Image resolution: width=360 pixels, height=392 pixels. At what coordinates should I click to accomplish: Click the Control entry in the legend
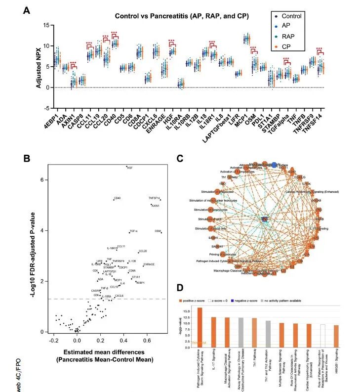[x=291, y=16]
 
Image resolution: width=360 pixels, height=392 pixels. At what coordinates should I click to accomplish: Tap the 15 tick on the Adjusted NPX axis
[x=46, y=25]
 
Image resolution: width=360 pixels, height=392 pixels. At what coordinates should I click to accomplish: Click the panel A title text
[x=182, y=16]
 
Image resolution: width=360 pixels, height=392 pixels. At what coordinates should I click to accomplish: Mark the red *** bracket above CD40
[x=114, y=35]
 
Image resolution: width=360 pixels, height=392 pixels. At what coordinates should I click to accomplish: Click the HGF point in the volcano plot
[x=126, y=167]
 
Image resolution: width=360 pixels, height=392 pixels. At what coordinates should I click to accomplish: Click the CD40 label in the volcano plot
[x=117, y=199]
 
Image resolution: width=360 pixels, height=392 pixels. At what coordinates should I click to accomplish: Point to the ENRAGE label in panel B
[x=149, y=264]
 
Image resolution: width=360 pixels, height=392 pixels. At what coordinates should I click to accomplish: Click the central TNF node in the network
[x=264, y=218]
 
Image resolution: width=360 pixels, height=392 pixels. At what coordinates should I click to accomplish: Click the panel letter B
[x=28, y=159]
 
